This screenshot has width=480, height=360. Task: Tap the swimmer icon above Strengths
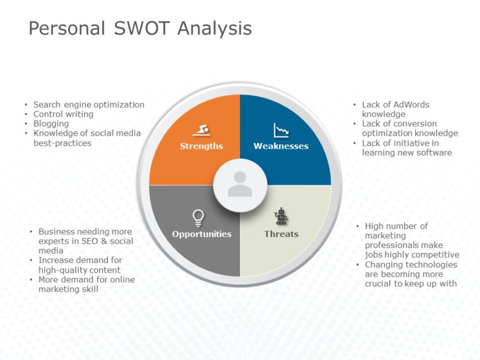[x=201, y=131]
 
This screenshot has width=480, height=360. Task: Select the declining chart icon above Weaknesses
[x=281, y=131]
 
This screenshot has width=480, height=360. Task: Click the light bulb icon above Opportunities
[x=199, y=218]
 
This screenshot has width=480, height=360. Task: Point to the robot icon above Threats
[x=281, y=217]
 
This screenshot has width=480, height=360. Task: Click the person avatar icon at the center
[x=240, y=184]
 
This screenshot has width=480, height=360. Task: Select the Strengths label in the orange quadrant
[x=201, y=146]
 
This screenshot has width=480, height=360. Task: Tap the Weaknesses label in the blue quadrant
[x=281, y=146]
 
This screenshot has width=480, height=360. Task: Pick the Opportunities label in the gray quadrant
[x=201, y=234]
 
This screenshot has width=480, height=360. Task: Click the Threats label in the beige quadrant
[x=281, y=234]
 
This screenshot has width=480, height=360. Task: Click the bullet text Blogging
[x=51, y=123]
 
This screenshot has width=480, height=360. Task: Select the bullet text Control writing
[x=63, y=114]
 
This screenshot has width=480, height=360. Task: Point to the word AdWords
[x=411, y=104]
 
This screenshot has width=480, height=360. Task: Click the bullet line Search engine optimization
[x=89, y=104]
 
